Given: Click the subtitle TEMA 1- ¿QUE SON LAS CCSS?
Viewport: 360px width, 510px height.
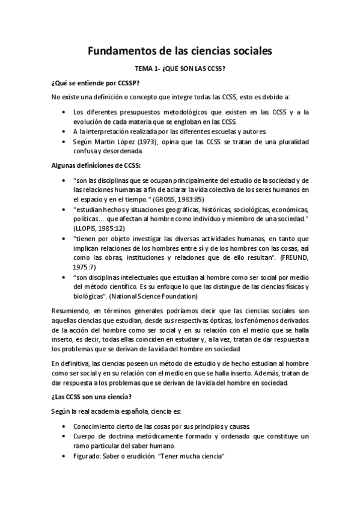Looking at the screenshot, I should pyautogui.click(x=180, y=69).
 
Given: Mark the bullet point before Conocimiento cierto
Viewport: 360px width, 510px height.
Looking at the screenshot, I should pyautogui.click(x=64, y=426).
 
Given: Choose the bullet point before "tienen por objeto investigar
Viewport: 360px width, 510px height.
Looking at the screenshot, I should pyautogui.click(x=64, y=238).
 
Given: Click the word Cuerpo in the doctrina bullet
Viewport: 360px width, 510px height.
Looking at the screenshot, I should pyautogui.click(x=83, y=436).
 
